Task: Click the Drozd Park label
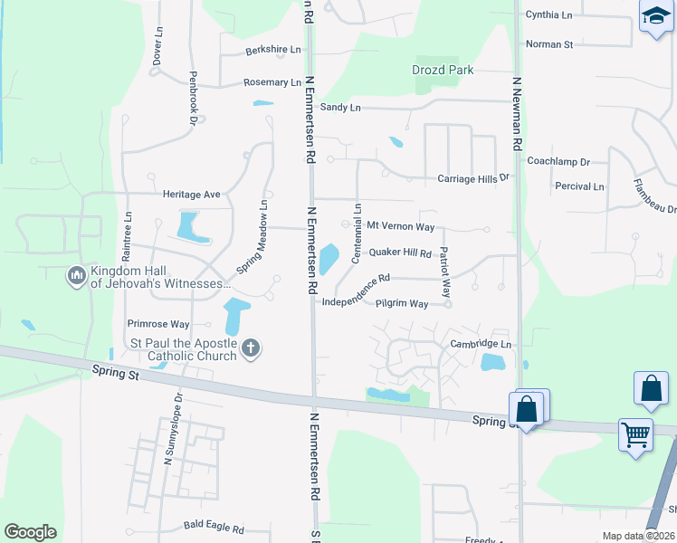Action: pyautogui.click(x=443, y=70)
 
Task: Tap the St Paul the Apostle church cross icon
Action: pyautogui.click(x=251, y=347)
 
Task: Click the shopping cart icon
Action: pyautogui.click(x=635, y=434)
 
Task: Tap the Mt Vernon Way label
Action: pyautogui.click(x=400, y=226)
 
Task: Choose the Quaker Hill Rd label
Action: pyautogui.click(x=400, y=253)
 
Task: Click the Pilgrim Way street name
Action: pyautogui.click(x=402, y=304)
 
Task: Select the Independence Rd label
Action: pyautogui.click(x=356, y=290)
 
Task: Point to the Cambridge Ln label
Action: pyautogui.click(x=481, y=345)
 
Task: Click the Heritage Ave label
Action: pyautogui.click(x=192, y=195)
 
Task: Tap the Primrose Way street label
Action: pyautogui.click(x=158, y=324)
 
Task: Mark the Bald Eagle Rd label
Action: pyautogui.click(x=214, y=527)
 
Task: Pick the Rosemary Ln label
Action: pyautogui.click(x=272, y=82)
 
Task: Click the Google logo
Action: pyautogui.click(x=30, y=532)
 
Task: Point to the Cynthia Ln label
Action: pyautogui.click(x=549, y=15)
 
